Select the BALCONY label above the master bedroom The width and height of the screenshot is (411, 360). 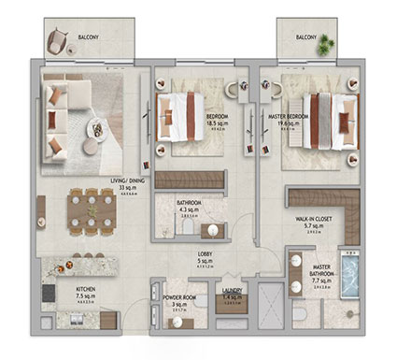point(306,38)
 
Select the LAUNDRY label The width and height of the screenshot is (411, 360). point(232,291)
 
